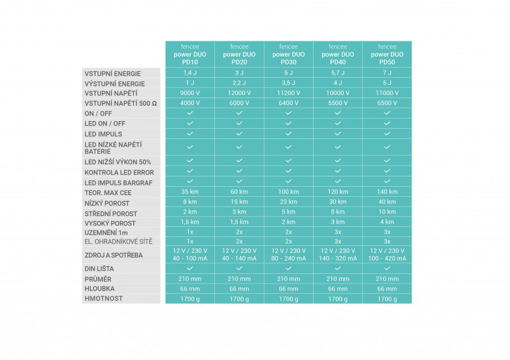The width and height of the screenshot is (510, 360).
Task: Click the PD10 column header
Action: click(190, 54)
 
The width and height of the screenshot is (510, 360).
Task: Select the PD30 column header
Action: click(288, 54)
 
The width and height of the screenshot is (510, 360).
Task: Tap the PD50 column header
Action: click(387, 54)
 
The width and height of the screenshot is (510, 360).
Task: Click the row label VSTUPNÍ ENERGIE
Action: click(113, 74)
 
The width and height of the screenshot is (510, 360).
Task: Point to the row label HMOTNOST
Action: click(104, 298)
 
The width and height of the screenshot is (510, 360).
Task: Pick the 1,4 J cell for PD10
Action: click(190, 73)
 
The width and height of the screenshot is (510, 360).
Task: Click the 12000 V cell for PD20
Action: click(239, 93)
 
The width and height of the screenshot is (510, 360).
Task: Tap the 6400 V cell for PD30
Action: click(288, 103)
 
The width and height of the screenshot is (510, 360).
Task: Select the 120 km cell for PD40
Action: click(337, 192)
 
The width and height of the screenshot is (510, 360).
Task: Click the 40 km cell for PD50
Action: click(387, 203)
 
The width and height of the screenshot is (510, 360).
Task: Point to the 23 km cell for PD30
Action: click(288, 203)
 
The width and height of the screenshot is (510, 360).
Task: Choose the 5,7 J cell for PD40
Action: click(337, 73)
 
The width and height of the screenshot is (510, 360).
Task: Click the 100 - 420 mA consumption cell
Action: click(387, 259)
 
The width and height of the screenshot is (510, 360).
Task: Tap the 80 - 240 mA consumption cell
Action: click(288, 259)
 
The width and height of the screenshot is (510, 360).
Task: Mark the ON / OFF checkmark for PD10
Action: click(190, 113)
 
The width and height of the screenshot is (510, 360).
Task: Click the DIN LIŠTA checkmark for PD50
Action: click(387, 269)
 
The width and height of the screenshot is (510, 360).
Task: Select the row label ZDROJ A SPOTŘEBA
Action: click(115, 255)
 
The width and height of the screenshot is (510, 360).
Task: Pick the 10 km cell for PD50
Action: click(387, 212)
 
